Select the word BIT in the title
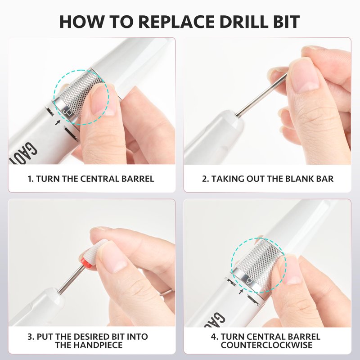tap(283, 22)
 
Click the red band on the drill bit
tap(85, 261)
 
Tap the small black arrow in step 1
tap(57, 122)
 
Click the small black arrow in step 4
tap(240, 292)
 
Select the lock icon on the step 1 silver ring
tap(67, 112)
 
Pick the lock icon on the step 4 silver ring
tap(249, 280)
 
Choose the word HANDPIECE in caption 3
tap(100, 345)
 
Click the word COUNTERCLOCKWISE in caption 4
tap(266, 345)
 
